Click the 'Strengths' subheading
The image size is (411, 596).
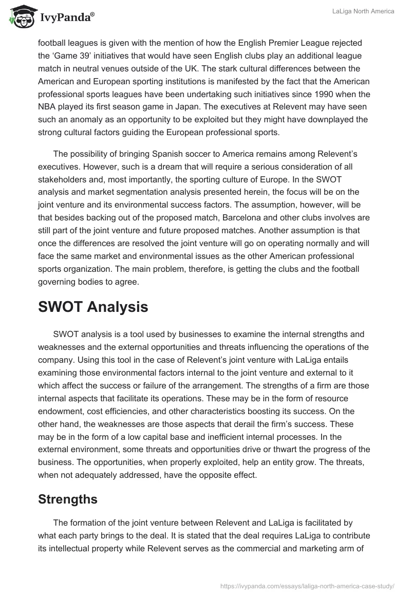coord(68,499)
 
